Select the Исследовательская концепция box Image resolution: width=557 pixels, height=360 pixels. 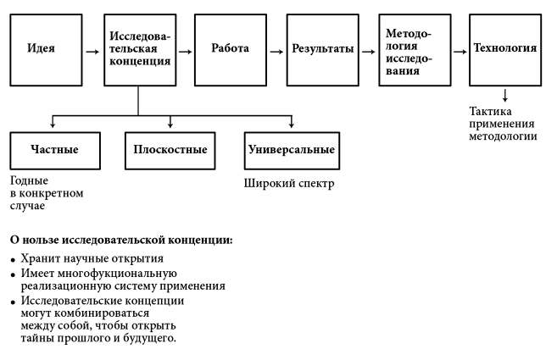139,48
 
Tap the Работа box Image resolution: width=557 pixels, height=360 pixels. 230,48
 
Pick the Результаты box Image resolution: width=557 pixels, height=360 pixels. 322,48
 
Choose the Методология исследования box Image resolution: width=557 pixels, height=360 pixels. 414,48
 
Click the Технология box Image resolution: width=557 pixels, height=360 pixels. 504,48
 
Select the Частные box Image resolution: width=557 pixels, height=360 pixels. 55,150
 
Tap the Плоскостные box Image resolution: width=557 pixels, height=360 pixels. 170,150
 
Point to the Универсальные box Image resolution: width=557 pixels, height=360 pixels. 291,150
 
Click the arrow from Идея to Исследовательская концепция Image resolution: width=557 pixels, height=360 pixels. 91,50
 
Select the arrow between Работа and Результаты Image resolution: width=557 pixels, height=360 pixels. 276,50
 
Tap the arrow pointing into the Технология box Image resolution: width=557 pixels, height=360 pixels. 459,50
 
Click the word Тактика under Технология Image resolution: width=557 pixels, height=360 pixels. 491,111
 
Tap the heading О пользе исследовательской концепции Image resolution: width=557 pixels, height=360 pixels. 120,241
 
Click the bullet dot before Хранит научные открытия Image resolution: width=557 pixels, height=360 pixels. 13,259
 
